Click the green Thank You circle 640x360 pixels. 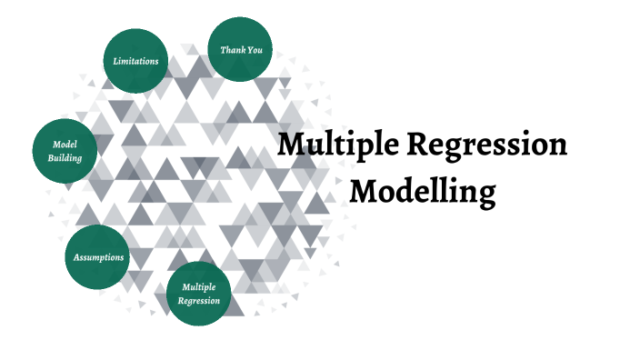click(x=241, y=49)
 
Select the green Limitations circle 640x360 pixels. click(x=135, y=61)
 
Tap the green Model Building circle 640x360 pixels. click(x=65, y=151)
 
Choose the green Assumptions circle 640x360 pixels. click(x=98, y=257)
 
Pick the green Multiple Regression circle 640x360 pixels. click(x=199, y=294)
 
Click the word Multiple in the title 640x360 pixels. click(x=338, y=145)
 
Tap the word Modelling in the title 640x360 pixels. click(x=423, y=192)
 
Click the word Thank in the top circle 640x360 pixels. click(x=232, y=50)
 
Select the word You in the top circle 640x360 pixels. click(x=255, y=50)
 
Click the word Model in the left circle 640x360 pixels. click(x=65, y=145)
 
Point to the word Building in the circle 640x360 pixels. click(x=65, y=158)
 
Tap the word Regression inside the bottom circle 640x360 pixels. click(x=199, y=300)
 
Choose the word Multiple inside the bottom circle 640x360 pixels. click(x=199, y=287)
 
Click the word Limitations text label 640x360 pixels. click(x=135, y=61)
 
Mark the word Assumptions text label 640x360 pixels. click(x=98, y=257)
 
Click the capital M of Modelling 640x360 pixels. click(x=365, y=192)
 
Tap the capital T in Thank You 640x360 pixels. click(x=224, y=49)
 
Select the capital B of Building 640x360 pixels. click(x=51, y=158)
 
